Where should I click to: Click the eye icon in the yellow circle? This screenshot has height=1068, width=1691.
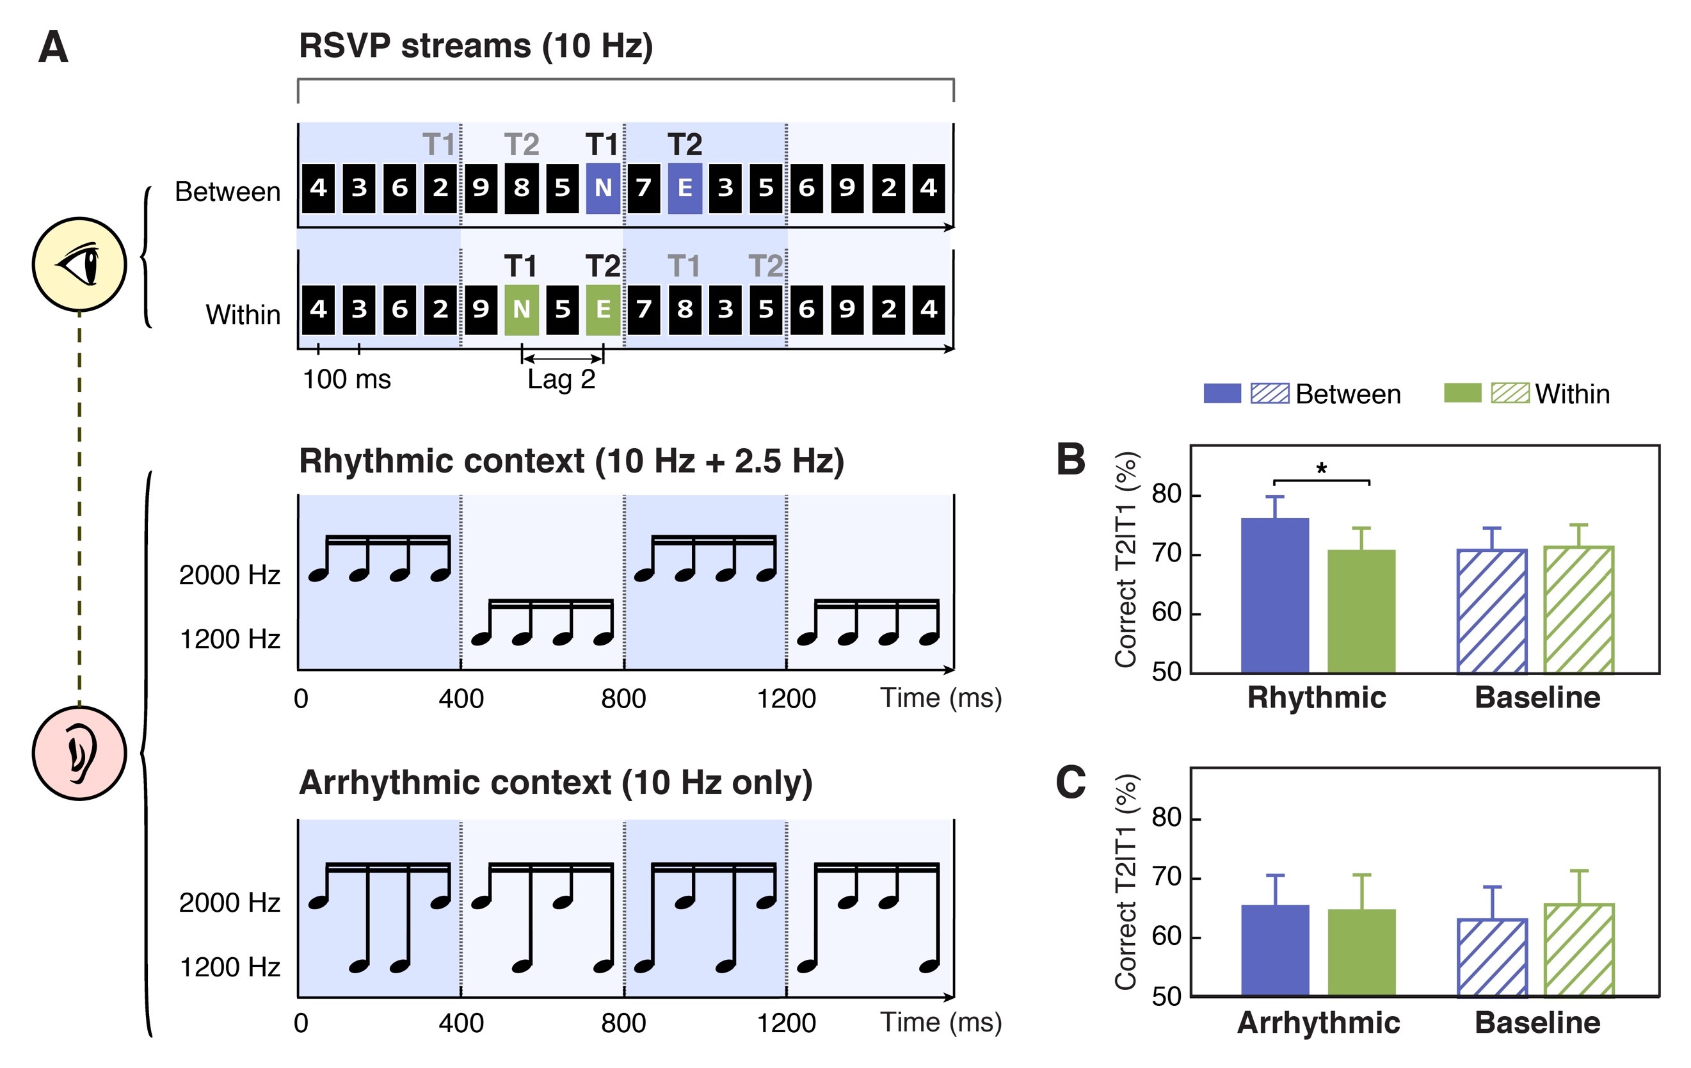pos(79,264)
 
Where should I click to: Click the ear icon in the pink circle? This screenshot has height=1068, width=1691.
pos(79,752)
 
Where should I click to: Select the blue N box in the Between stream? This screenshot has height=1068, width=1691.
pos(602,188)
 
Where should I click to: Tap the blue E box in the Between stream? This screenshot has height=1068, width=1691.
pos(685,188)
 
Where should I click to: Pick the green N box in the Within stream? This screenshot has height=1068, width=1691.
pos(521,309)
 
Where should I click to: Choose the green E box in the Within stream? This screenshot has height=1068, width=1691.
pos(602,309)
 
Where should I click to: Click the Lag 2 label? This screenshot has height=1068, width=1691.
pos(561,380)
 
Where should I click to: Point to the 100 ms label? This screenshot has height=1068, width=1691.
pos(346,380)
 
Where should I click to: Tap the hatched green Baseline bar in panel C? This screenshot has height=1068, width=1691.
pos(1578,950)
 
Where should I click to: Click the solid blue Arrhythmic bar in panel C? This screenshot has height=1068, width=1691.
pos(1274,950)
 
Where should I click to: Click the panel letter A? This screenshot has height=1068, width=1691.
pos(53,48)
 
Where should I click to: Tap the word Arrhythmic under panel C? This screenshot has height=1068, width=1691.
pos(1318,1023)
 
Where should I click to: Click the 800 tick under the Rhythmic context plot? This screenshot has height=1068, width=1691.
pos(623,699)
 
